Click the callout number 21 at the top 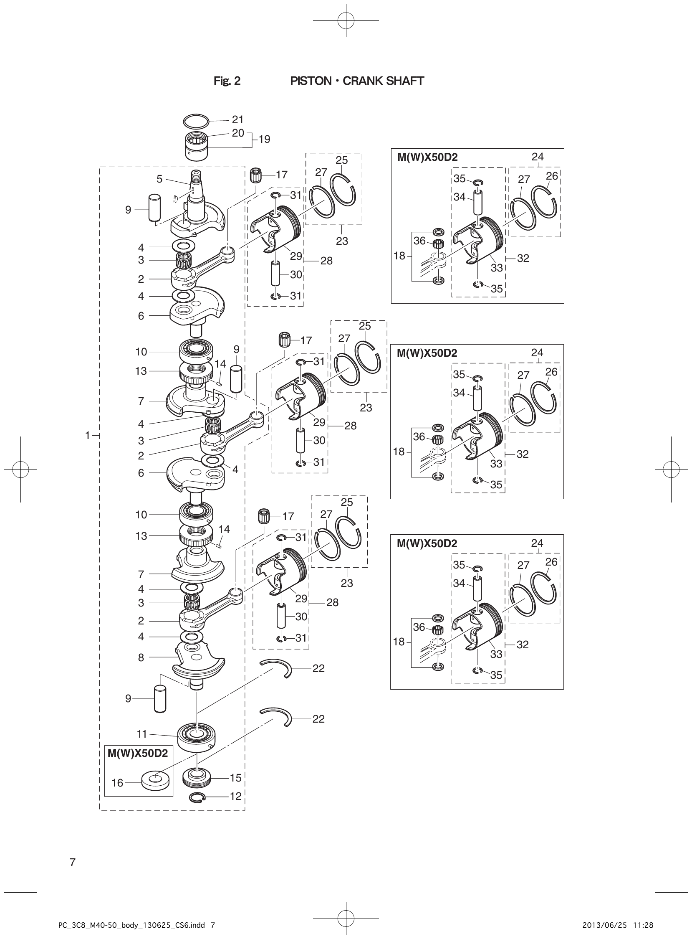(237, 120)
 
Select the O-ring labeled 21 (196, 121)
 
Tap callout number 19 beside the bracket (264, 139)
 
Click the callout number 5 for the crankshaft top (159, 179)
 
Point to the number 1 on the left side (88, 436)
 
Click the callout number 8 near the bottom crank (141, 657)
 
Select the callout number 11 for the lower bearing (142, 733)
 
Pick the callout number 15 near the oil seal (236, 778)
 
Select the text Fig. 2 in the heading (227, 81)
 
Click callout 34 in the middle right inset (459, 393)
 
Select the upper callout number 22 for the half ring (318, 668)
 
